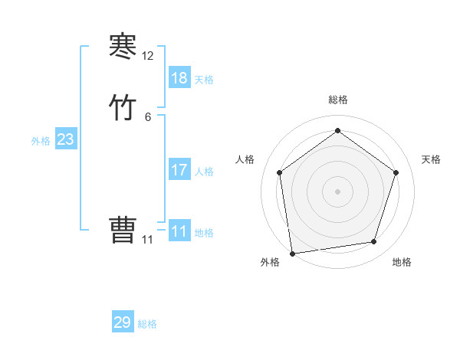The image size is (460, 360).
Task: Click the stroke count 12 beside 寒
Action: pos(148,56)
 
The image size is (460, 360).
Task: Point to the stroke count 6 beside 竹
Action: pos(148,116)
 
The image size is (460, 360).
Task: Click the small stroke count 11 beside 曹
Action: pos(148,240)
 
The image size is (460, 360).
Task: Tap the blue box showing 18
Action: pos(179,78)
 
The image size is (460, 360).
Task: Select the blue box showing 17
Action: pos(179,170)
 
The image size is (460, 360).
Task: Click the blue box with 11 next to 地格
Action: pos(179,231)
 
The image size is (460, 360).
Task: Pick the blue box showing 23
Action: pos(66,140)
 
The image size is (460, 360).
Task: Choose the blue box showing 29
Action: pos(123,322)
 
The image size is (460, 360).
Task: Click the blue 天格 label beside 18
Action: pos(204,80)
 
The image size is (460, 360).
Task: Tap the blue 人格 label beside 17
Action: pos(204,172)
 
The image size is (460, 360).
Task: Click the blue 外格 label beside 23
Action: pos(41,141)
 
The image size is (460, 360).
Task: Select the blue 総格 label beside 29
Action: pos(147,324)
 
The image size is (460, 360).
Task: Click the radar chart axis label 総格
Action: pos(338,100)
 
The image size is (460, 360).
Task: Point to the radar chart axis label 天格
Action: pos(431,159)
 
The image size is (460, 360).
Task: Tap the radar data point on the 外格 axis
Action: pos(293,253)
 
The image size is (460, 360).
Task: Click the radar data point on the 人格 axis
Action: pos(280,172)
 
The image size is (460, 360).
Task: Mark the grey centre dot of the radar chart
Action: pos(338,191)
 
